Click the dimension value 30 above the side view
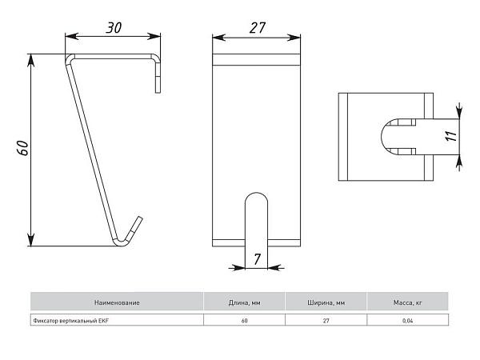tap(114, 27)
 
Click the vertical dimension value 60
tap(23, 148)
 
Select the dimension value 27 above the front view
tap(257, 28)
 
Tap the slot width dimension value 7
tap(257, 259)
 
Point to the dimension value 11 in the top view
tap(451, 136)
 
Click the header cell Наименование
tap(117, 302)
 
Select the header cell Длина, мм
tap(244, 302)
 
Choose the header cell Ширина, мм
tap(326, 302)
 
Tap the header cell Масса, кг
tap(408, 302)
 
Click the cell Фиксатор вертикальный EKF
tap(117, 321)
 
